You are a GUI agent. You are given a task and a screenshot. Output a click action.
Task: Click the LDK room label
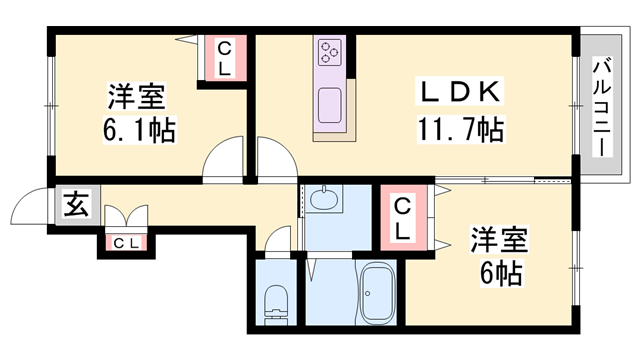pos(460,91)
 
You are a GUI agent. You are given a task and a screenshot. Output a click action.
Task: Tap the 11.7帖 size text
pos(461,129)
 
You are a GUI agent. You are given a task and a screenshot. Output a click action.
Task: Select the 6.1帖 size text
pos(139,130)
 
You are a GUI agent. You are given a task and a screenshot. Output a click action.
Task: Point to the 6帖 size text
pos(501,273)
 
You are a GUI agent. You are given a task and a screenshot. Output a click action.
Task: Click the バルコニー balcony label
pos(602,108)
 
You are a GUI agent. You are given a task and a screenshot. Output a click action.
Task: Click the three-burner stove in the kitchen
pos(330,52)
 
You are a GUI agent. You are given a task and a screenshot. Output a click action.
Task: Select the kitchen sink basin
pos(329,105)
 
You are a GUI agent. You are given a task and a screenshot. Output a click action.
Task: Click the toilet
pos(276,305)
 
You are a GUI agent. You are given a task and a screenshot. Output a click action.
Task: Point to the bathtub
pos(376,293)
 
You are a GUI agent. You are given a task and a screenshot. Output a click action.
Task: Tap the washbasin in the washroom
pos(324,199)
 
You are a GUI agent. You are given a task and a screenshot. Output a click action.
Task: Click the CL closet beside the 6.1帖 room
pos(224,58)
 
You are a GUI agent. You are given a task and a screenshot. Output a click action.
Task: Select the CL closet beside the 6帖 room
pos(403,217)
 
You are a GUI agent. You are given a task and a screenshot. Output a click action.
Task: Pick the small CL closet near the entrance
pos(127,244)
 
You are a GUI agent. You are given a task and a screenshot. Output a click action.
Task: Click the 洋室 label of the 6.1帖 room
pos(137,97)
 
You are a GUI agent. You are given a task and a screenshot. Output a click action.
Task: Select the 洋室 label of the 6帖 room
pos(500,239)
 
